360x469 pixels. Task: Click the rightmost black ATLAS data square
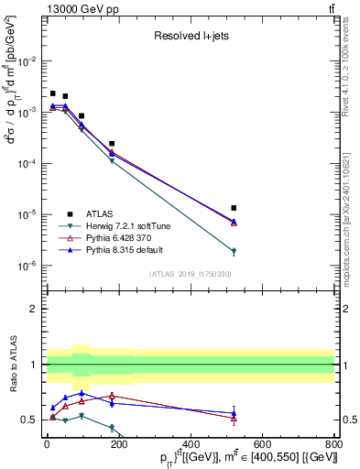(x=235, y=208)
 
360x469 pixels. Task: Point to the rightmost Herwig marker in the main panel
(x=235, y=251)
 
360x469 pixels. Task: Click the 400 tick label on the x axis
(x=191, y=446)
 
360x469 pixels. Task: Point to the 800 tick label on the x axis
(x=334, y=446)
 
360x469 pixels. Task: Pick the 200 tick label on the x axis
(x=119, y=446)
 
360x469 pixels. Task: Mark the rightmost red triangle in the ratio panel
(x=235, y=419)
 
